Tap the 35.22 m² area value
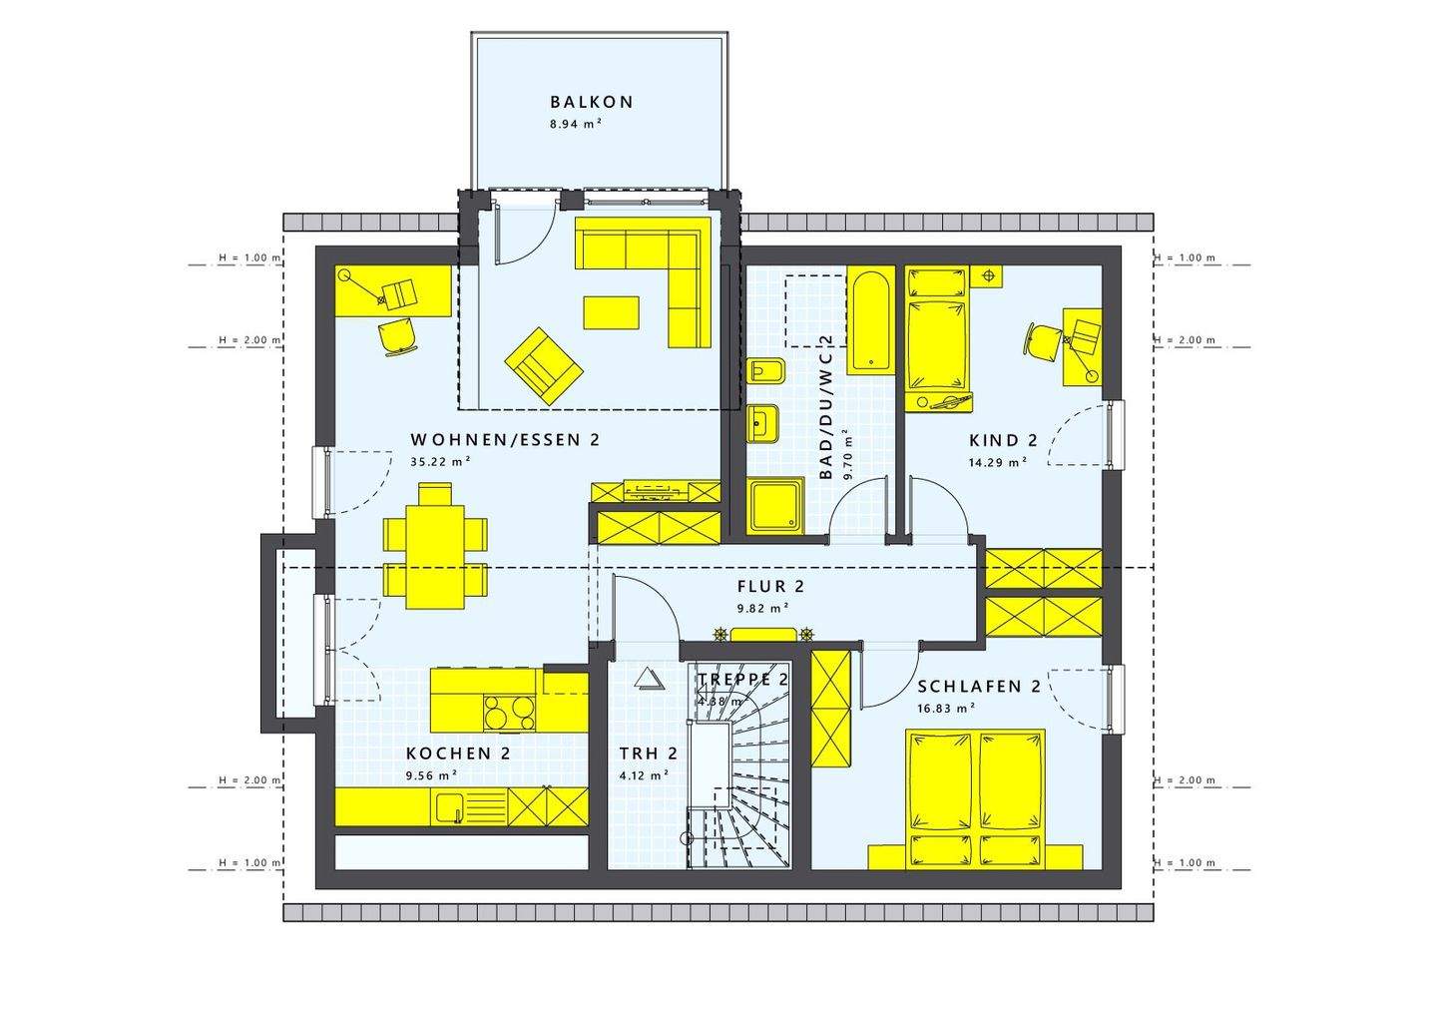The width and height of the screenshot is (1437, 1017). pyautogui.click(x=440, y=462)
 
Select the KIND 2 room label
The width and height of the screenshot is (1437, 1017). pyautogui.click(x=1003, y=440)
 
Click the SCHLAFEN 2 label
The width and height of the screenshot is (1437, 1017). pyautogui.click(x=979, y=687)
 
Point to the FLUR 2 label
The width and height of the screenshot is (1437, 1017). pyautogui.click(x=770, y=586)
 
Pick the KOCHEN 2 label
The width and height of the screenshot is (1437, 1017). pyautogui.click(x=458, y=754)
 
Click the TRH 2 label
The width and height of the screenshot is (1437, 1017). pyautogui.click(x=648, y=754)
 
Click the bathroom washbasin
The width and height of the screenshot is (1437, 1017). pyautogui.click(x=764, y=423)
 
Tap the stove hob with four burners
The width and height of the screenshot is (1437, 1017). pyautogui.click(x=509, y=713)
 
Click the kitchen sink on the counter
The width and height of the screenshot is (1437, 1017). pyautogui.click(x=449, y=806)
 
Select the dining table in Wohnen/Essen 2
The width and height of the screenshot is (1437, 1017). pyautogui.click(x=435, y=546)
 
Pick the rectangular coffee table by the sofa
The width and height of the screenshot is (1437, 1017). pyautogui.click(x=611, y=311)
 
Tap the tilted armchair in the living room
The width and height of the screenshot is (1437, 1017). pyautogui.click(x=543, y=365)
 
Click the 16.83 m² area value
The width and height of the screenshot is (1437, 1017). pyautogui.click(x=944, y=708)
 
